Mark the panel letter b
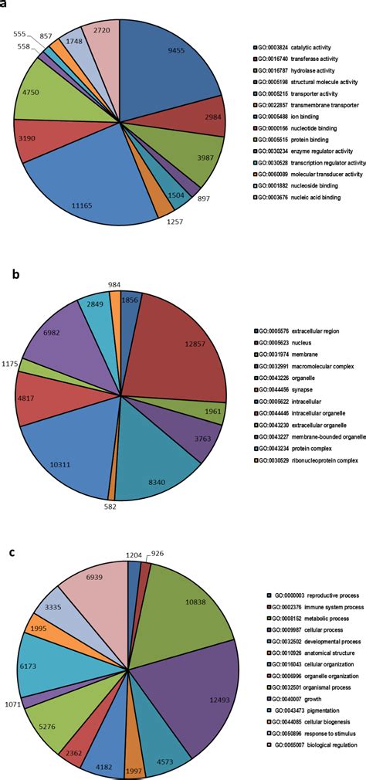click(8, 271)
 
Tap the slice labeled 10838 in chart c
click(181, 602)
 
